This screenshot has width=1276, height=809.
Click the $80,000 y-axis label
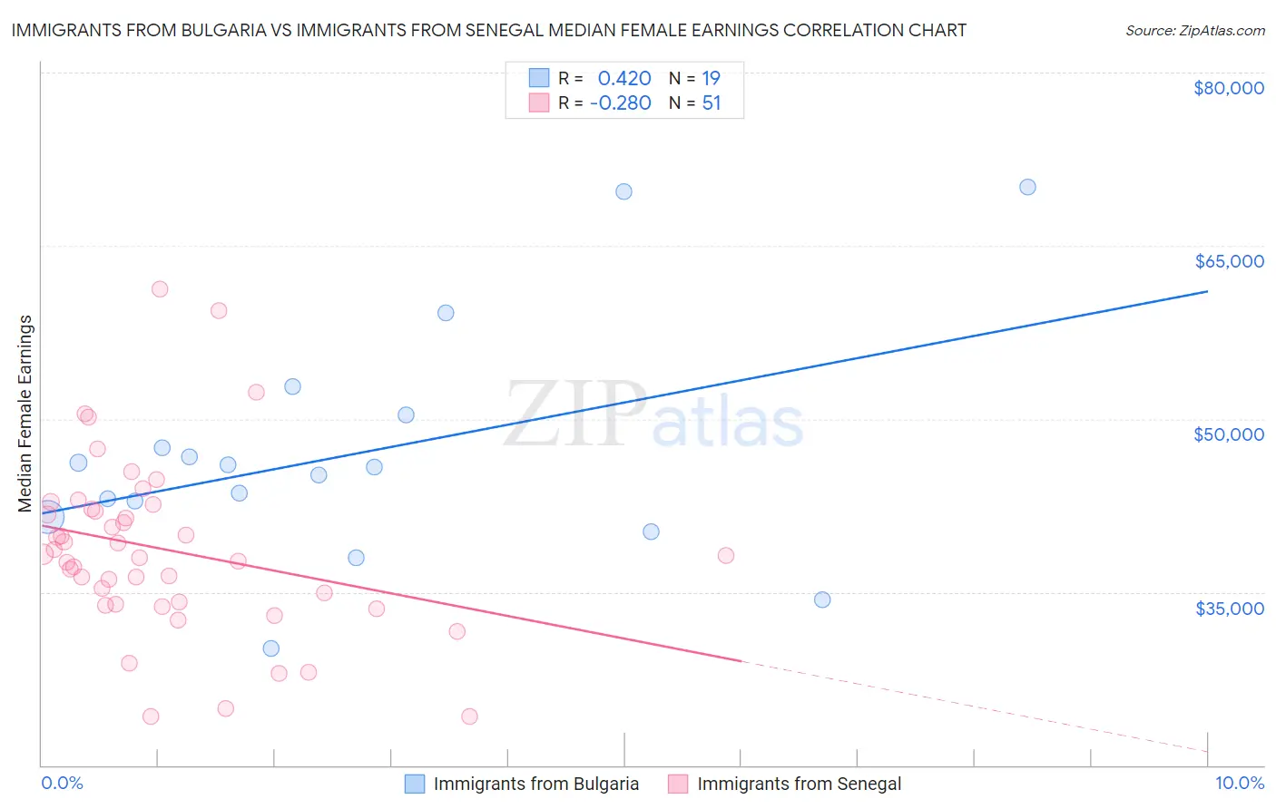[1229, 88]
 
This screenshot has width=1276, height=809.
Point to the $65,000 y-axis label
[1229, 261]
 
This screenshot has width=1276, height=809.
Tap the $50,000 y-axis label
[1229, 434]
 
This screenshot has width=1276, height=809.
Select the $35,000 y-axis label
[1229, 609]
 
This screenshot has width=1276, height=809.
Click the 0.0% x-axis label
[62, 784]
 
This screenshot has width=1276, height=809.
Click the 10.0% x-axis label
[1239, 784]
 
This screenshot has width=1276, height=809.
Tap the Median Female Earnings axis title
[25, 414]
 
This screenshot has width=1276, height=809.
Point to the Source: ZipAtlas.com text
[1194, 30]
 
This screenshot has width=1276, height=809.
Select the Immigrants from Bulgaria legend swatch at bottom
[415, 785]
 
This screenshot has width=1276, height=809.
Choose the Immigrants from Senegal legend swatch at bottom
[678, 785]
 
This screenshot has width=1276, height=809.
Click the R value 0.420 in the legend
[624, 79]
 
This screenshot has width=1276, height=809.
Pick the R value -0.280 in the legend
[621, 103]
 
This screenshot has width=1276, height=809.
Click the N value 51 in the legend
[712, 103]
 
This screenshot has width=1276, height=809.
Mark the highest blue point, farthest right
[1027, 187]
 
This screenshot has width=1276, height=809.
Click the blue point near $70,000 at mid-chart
[623, 191]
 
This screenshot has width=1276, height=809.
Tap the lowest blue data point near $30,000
[270, 648]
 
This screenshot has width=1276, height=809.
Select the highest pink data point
[160, 289]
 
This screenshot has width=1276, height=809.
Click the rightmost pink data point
[725, 556]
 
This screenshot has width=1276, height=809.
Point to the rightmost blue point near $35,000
[822, 599]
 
